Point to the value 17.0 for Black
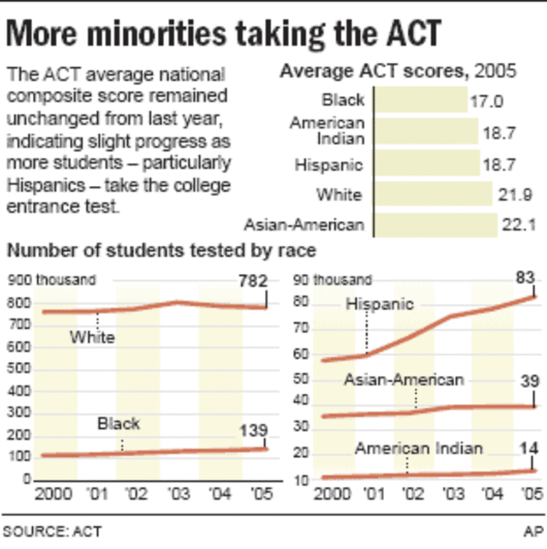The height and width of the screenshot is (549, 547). click(486, 102)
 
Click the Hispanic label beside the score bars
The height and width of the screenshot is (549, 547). click(329, 164)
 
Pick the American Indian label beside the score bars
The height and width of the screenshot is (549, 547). click(327, 130)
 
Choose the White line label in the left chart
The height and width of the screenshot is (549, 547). click(92, 337)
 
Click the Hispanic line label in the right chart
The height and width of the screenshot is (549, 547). click(380, 304)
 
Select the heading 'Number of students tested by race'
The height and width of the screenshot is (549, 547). click(162, 251)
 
